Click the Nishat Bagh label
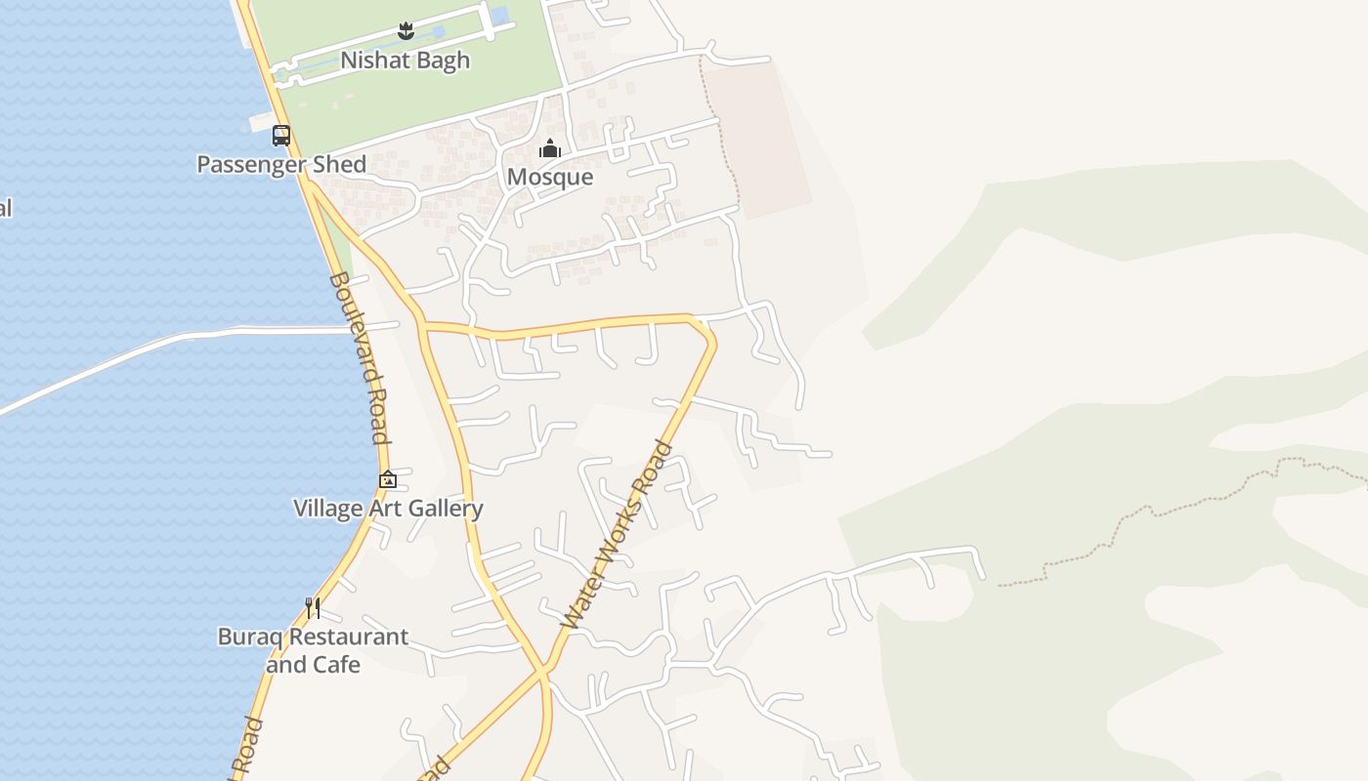pyautogui.click(x=405, y=61)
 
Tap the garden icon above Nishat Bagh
pyautogui.click(x=406, y=32)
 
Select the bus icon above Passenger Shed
pyautogui.click(x=281, y=136)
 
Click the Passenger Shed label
pyautogui.click(x=281, y=164)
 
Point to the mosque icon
pyautogui.click(x=550, y=149)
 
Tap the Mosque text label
pyautogui.click(x=550, y=177)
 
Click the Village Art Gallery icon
pyautogui.click(x=388, y=479)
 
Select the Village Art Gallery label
pyautogui.click(x=388, y=509)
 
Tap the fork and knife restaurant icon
pyautogui.click(x=313, y=608)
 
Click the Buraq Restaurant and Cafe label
pyautogui.click(x=313, y=650)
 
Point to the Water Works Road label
pyautogui.click(x=618, y=535)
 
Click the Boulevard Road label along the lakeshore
pyautogui.click(x=360, y=357)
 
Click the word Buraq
pyautogui.click(x=250, y=637)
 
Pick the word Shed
pyautogui.click(x=340, y=164)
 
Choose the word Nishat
pyautogui.click(x=373, y=61)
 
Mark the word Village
pyautogui.click(x=328, y=509)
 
